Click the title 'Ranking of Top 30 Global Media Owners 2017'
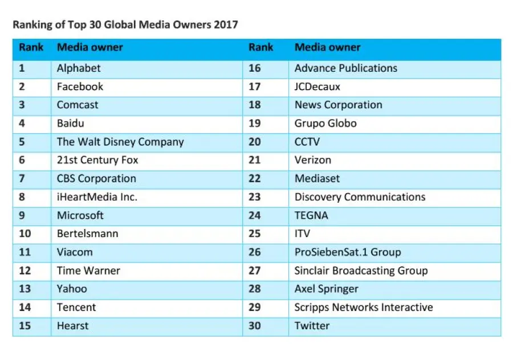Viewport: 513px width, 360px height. (x=125, y=24)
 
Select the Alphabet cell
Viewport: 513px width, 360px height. (x=79, y=68)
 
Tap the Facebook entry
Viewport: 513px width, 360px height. (x=80, y=87)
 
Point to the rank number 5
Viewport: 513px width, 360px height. (x=22, y=142)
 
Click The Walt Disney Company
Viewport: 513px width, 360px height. (x=120, y=142)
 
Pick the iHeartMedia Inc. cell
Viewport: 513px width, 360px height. (x=97, y=197)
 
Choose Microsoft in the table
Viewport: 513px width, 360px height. (x=80, y=215)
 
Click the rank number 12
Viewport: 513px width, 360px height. (x=25, y=271)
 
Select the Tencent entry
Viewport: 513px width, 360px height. (x=76, y=308)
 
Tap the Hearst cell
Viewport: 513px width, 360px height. (x=73, y=326)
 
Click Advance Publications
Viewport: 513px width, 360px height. (x=345, y=68)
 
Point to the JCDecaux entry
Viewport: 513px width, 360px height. (x=317, y=87)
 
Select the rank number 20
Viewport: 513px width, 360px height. (x=254, y=142)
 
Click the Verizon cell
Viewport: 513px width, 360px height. (x=312, y=160)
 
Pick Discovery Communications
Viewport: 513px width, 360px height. (x=360, y=197)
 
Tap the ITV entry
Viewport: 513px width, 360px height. (x=303, y=234)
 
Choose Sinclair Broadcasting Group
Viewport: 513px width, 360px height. (x=361, y=271)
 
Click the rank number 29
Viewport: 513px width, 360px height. (x=254, y=308)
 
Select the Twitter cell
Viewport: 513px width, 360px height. (x=312, y=326)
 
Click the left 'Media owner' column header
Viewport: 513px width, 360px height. (x=89, y=48)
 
